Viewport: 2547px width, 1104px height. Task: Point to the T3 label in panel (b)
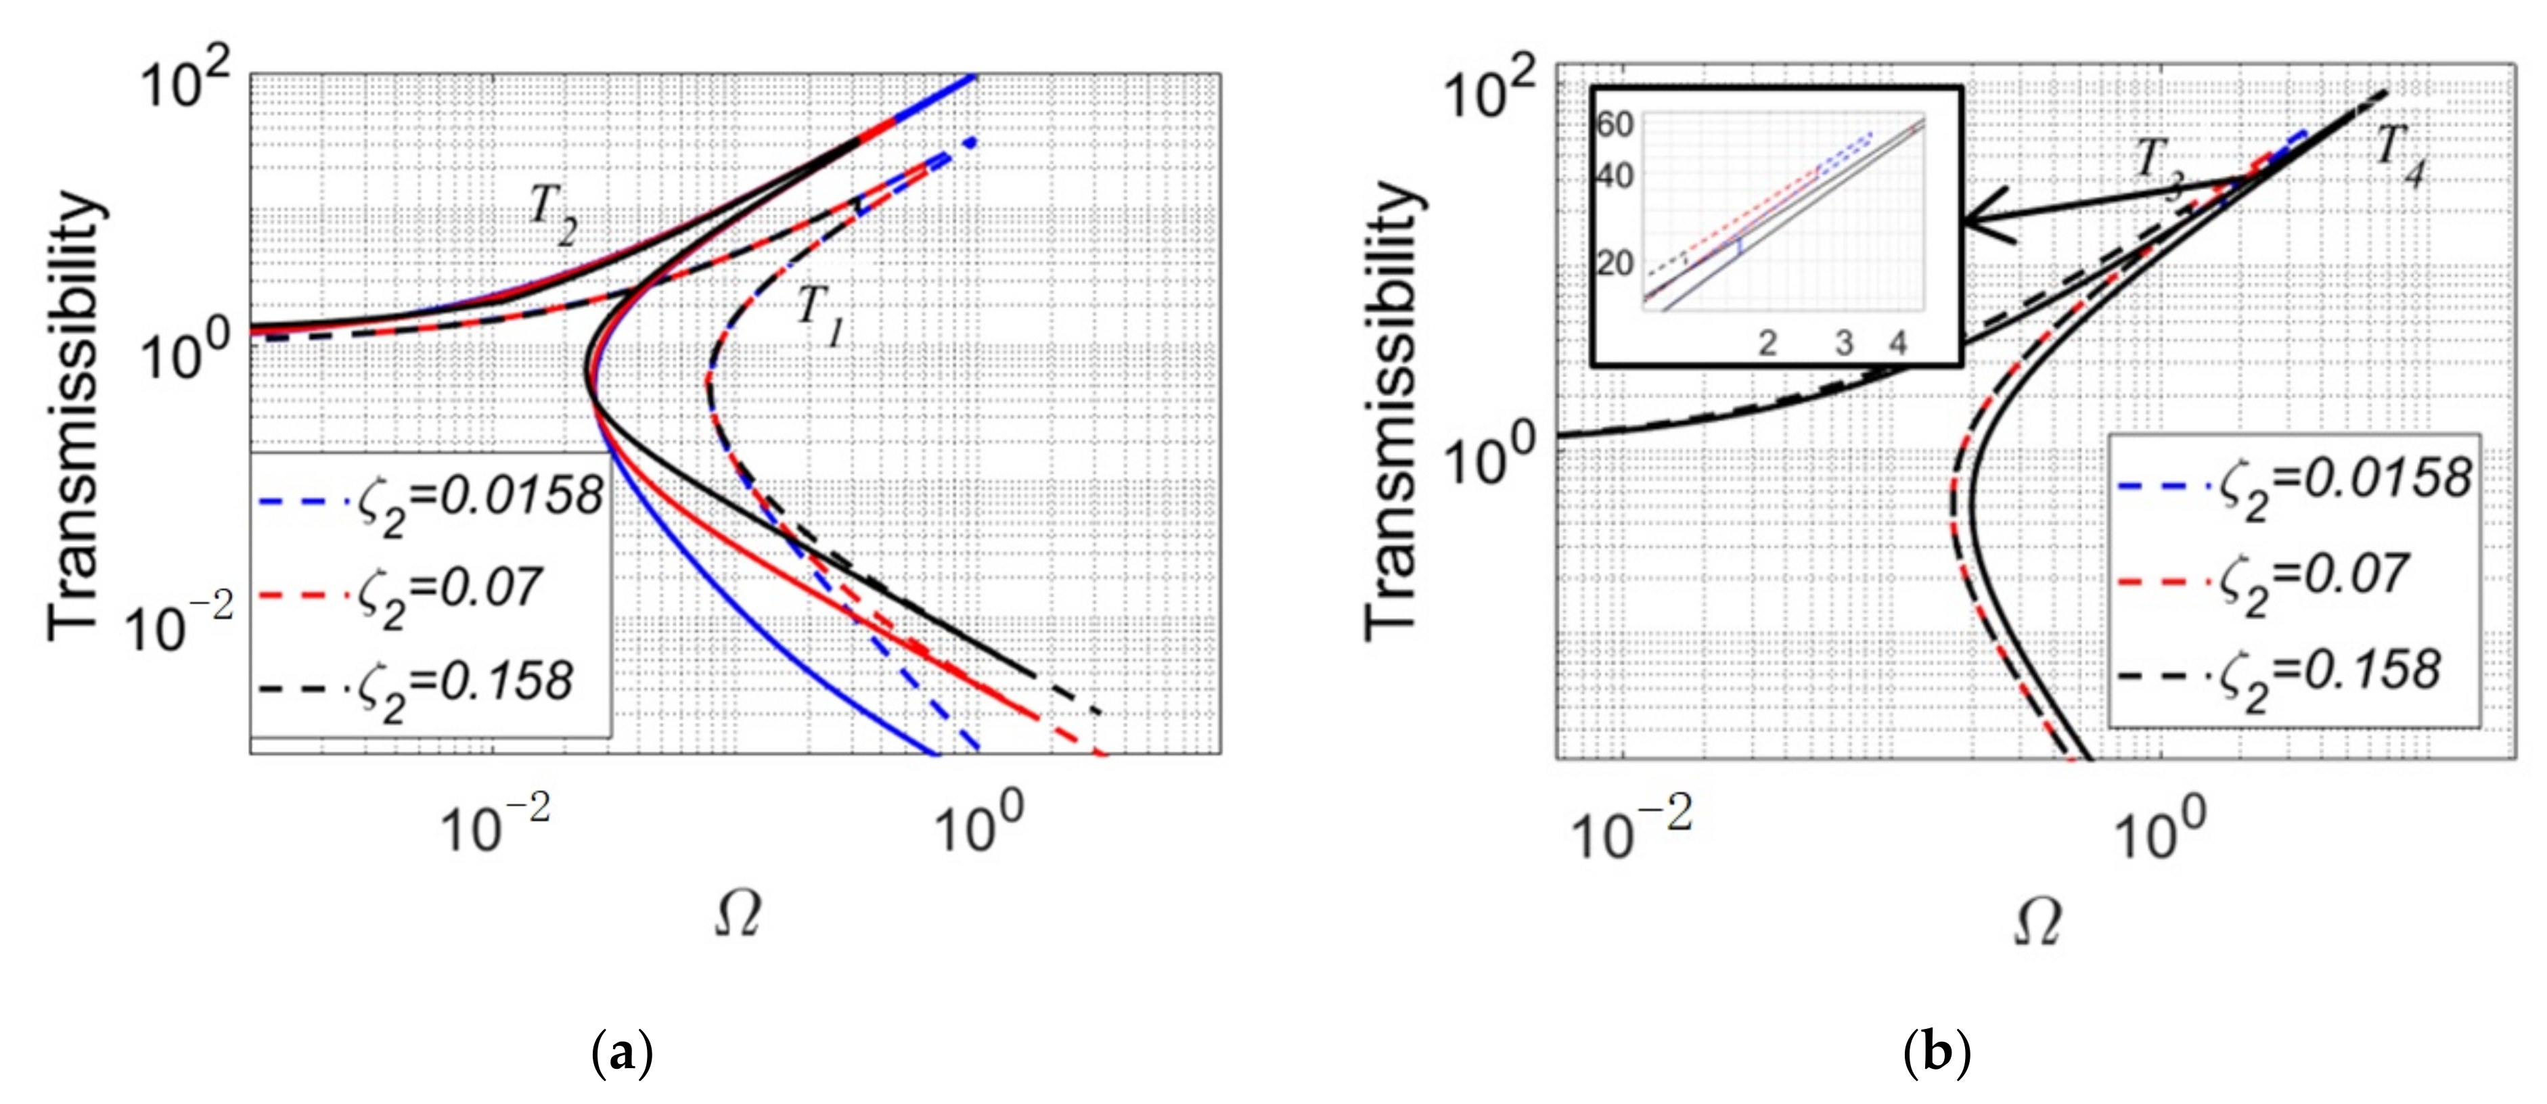(2161, 167)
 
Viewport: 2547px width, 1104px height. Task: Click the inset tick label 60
(1615, 126)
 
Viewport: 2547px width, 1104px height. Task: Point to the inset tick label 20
(1615, 264)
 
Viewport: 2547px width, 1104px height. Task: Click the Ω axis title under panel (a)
(737, 916)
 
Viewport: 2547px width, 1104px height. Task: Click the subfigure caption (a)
(621, 1055)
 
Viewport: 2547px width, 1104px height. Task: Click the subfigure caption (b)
(1936, 1055)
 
